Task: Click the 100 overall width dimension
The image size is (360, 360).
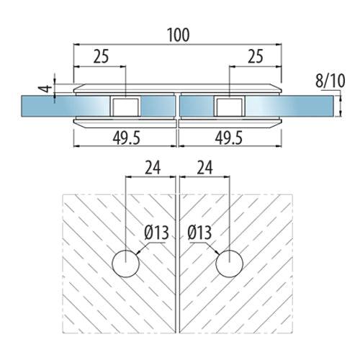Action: click(179, 35)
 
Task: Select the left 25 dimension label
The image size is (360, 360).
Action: click(101, 56)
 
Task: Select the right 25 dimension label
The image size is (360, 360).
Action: click(256, 56)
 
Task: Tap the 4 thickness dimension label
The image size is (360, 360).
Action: click(45, 89)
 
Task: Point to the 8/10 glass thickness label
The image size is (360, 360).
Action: click(330, 81)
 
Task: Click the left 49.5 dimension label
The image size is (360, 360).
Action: click(126, 138)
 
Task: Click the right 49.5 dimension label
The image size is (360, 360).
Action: click(229, 138)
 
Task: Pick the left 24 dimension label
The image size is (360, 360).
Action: click(153, 168)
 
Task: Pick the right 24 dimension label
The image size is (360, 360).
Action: click(204, 168)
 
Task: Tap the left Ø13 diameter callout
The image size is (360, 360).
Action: click(157, 233)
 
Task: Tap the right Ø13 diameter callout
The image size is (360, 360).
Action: click(199, 233)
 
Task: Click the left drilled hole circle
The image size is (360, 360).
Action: click(126, 264)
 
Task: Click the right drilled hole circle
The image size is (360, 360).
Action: click(230, 264)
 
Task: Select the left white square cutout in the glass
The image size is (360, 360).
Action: click(125, 107)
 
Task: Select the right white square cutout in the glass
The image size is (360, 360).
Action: click(229, 107)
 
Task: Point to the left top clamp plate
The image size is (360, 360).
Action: click(125, 89)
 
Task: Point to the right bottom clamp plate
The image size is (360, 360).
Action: click(230, 123)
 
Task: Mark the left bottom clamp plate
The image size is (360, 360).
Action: click(125, 123)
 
